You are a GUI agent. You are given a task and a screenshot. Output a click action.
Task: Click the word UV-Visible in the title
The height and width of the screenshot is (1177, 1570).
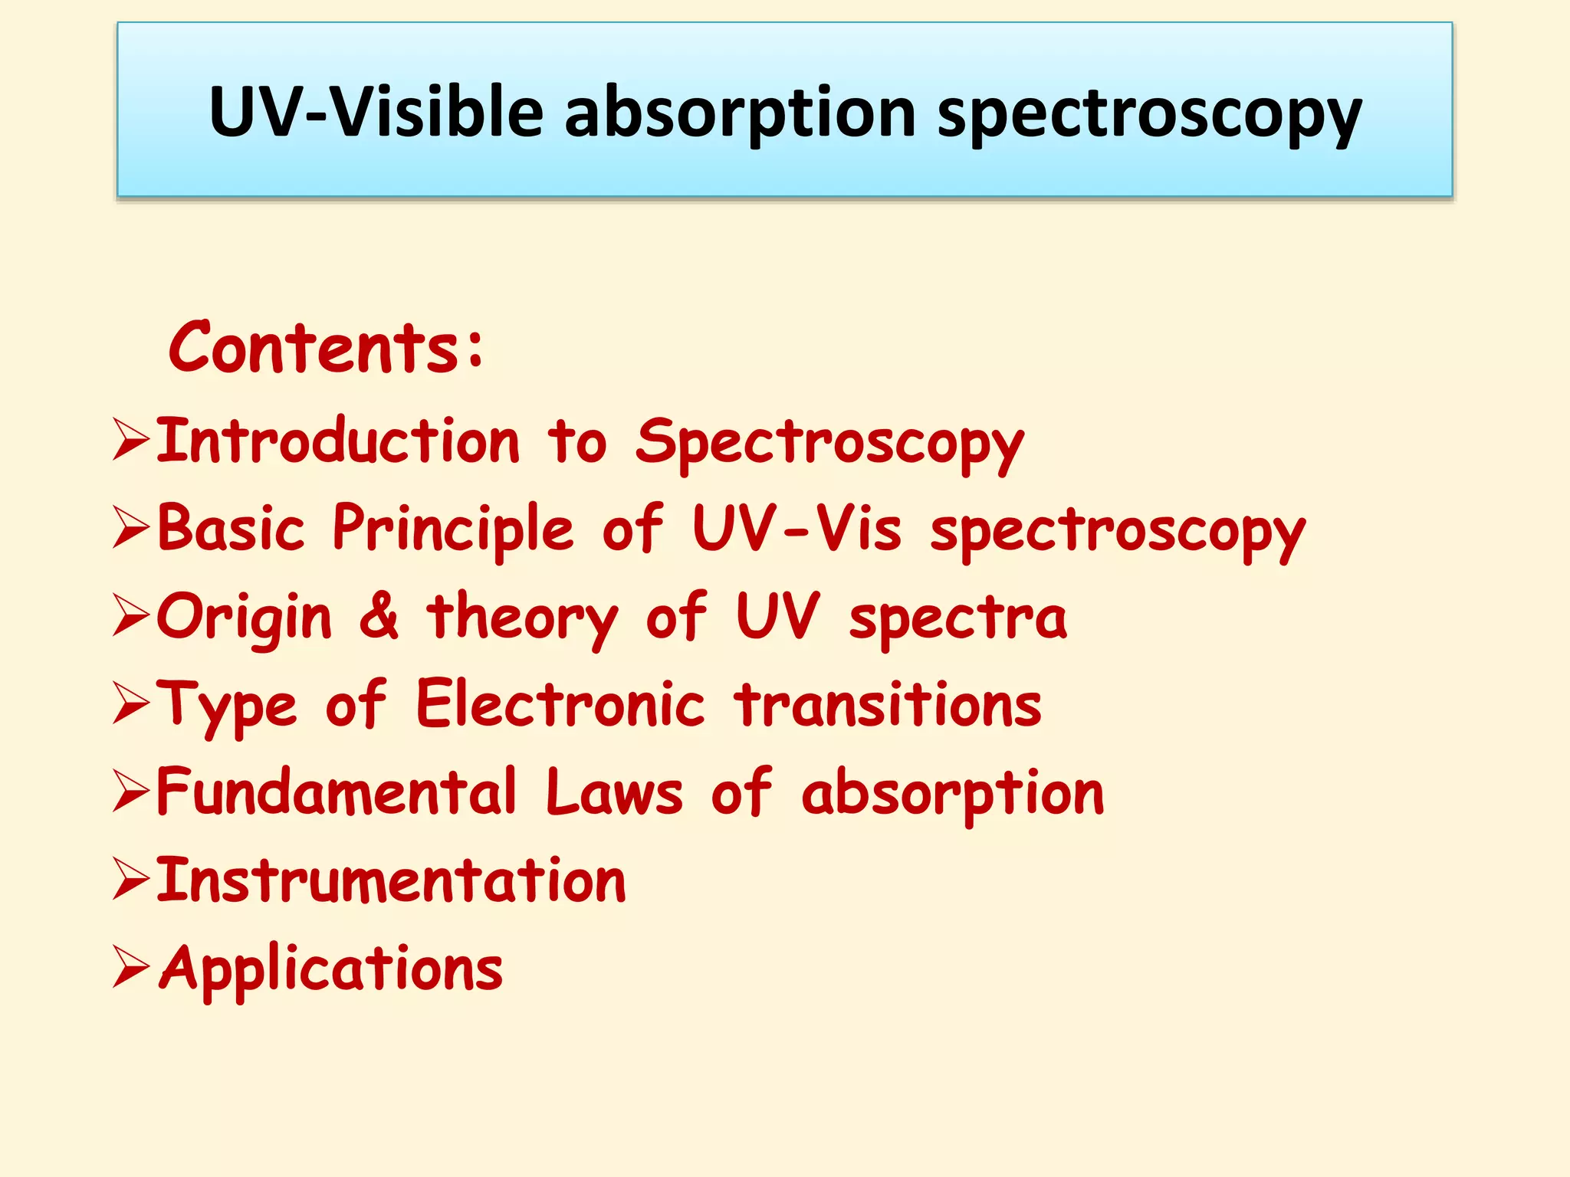click(x=376, y=113)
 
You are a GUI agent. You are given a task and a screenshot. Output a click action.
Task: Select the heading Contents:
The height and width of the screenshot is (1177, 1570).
click(x=326, y=348)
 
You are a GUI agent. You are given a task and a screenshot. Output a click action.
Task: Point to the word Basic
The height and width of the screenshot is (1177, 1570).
click(x=231, y=529)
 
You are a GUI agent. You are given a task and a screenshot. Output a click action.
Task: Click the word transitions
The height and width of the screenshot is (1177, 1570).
click(x=888, y=705)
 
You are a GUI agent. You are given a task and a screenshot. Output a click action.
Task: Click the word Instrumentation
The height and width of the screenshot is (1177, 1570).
click(x=391, y=880)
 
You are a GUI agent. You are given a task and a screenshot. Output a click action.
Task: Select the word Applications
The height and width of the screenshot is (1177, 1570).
click(x=330, y=969)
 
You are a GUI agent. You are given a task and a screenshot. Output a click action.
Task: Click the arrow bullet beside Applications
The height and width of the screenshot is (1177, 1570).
click(x=130, y=966)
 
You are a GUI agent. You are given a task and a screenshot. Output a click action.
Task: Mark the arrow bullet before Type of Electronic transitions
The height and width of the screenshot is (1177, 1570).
click(x=130, y=703)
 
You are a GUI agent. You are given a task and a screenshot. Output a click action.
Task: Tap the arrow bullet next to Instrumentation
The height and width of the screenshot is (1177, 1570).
click(x=130, y=878)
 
